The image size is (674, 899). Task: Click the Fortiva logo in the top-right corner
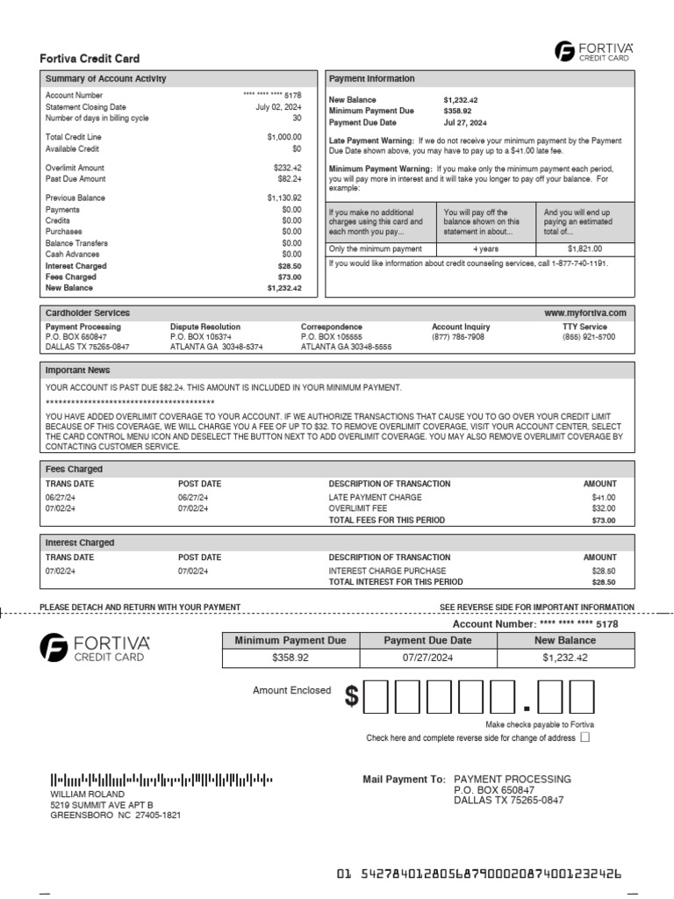pyautogui.click(x=594, y=51)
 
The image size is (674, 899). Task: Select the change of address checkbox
pyautogui.click(x=585, y=738)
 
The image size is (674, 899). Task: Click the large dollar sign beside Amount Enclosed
pyautogui.click(x=352, y=697)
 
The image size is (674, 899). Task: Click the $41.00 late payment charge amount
pyautogui.click(x=604, y=497)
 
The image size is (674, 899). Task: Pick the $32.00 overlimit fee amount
pyautogui.click(x=604, y=508)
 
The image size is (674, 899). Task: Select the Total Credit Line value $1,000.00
pyautogui.click(x=283, y=137)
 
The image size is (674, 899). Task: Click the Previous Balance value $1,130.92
pyautogui.click(x=283, y=198)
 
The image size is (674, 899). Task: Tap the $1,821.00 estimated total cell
pyautogui.click(x=585, y=249)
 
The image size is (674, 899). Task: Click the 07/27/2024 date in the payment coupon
pyautogui.click(x=425, y=657)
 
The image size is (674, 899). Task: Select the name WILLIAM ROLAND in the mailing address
pyautogui.click(x=82, y=794)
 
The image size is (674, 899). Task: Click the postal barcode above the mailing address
pyautogui.click(x=161, y=779)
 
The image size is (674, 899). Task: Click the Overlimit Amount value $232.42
pyautogui.click(x=283, y=168)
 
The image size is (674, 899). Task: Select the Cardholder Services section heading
pyautogui.click(x=88, y=313)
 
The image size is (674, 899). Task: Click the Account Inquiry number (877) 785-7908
pyautogui.click(x=457, y=336)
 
